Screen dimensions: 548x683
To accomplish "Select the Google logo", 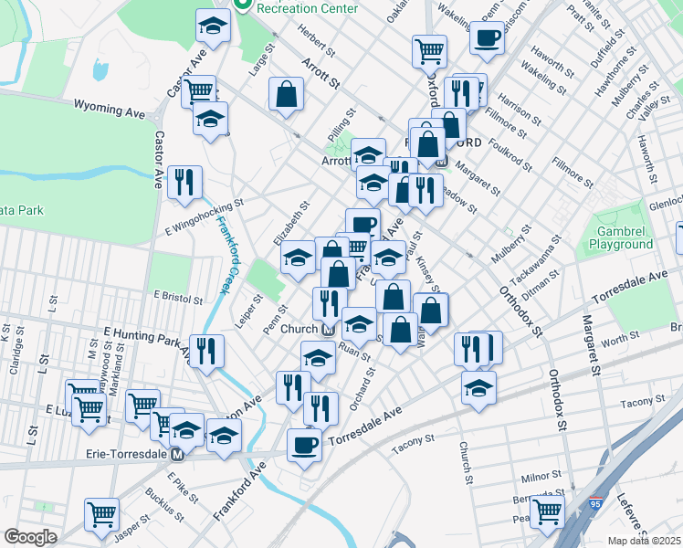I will [30, 536].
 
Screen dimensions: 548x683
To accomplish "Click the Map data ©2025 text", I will [644, 541].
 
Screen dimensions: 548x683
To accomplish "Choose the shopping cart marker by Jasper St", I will [101, 512].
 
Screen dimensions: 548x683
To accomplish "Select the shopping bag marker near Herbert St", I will [287, 93].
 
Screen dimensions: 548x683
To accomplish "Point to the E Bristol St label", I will [177, 296].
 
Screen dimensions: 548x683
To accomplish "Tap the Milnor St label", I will [541, 475].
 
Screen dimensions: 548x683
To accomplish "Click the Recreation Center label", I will [296, 7].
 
